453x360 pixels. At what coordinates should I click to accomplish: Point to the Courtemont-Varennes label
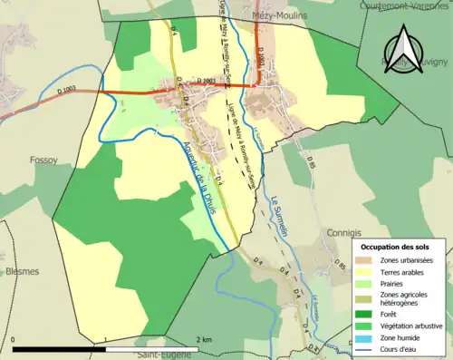click(403, 5)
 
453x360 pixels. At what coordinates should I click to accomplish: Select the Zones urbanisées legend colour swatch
click(366, 260)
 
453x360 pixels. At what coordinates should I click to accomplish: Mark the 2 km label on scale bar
click(204, 338)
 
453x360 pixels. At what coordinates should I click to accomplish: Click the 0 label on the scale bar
click(14, 338)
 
